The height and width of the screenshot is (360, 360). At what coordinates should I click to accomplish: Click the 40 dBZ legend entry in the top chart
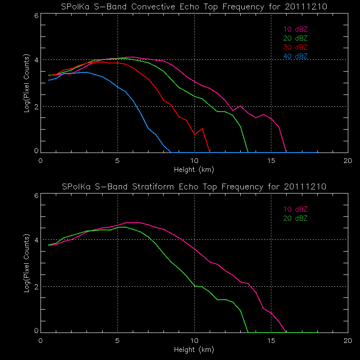295,56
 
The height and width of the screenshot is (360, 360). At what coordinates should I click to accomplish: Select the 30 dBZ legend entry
295,47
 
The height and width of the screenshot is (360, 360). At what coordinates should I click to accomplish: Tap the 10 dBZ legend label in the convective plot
295,29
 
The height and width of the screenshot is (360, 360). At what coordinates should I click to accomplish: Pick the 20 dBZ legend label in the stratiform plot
295,218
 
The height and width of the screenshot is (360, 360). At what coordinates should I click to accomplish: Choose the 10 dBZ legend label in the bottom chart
295,209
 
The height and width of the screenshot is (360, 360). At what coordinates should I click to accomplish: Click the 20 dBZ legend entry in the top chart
295,38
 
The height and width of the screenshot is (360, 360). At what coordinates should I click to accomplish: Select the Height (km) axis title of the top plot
194,170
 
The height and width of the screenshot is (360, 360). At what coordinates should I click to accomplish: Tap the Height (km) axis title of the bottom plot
194,349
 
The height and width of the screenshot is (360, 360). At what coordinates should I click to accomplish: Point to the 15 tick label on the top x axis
271,161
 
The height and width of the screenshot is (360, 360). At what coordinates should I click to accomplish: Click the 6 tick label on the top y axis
36,15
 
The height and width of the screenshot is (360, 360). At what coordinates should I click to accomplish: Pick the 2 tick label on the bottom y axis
36,286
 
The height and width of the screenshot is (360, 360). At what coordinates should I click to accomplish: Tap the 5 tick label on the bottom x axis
117,340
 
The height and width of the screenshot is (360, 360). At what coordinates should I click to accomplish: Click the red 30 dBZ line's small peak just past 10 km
202,128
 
